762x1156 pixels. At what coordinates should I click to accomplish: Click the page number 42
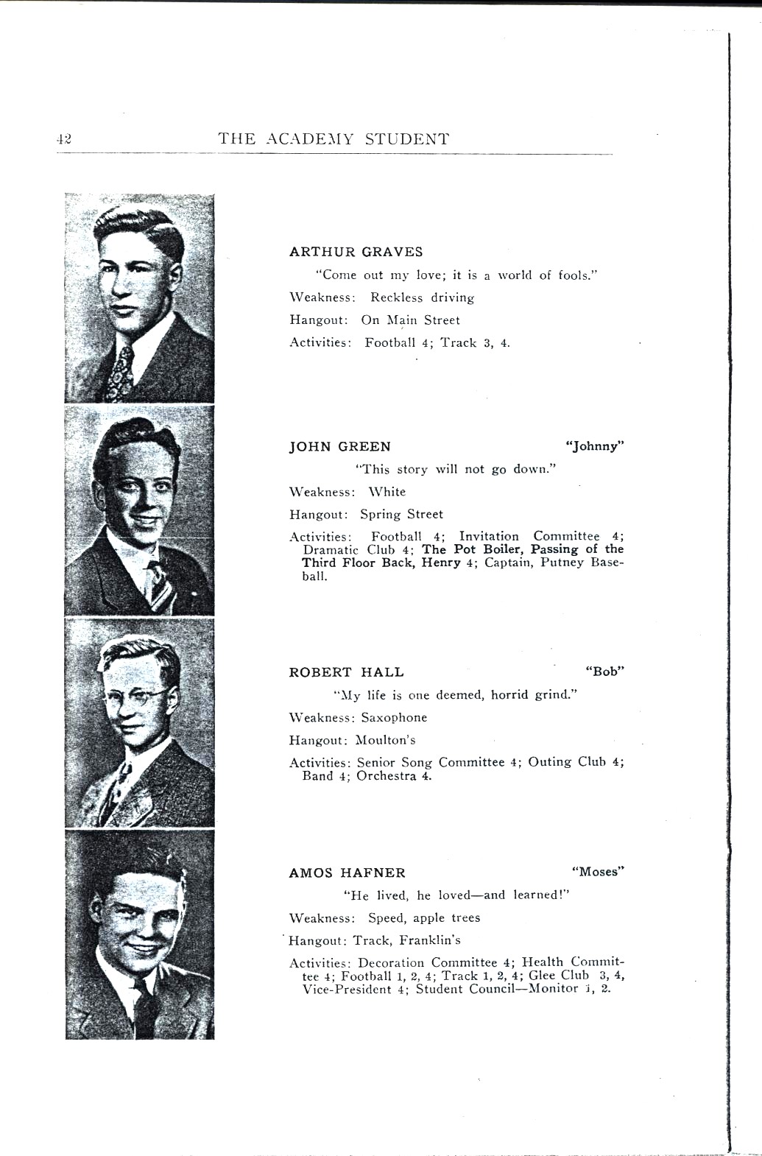click(x=63, y=139)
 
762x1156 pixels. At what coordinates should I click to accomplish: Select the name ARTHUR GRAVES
click(x=356, y=252)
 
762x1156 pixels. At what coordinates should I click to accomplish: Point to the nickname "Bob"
click(x=604, y=672)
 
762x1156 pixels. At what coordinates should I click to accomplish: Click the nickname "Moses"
click(x=598, y=872)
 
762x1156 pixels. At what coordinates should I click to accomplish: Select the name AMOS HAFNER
click(x=347, y=873)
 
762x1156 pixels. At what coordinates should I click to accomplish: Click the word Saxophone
click(x=394, y=718)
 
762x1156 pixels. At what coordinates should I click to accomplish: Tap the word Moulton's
click(x=386, y=740)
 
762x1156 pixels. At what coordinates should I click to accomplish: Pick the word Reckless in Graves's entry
click(x=396, y=298)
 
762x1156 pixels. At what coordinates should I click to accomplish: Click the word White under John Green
click(x=387, y=492)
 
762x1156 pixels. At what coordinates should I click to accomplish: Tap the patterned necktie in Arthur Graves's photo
click(x=120, y=372)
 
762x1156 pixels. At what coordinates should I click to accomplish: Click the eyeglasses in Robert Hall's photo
click(x=137, y=695)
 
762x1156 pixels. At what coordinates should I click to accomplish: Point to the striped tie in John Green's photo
click(x=158, y=582)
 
